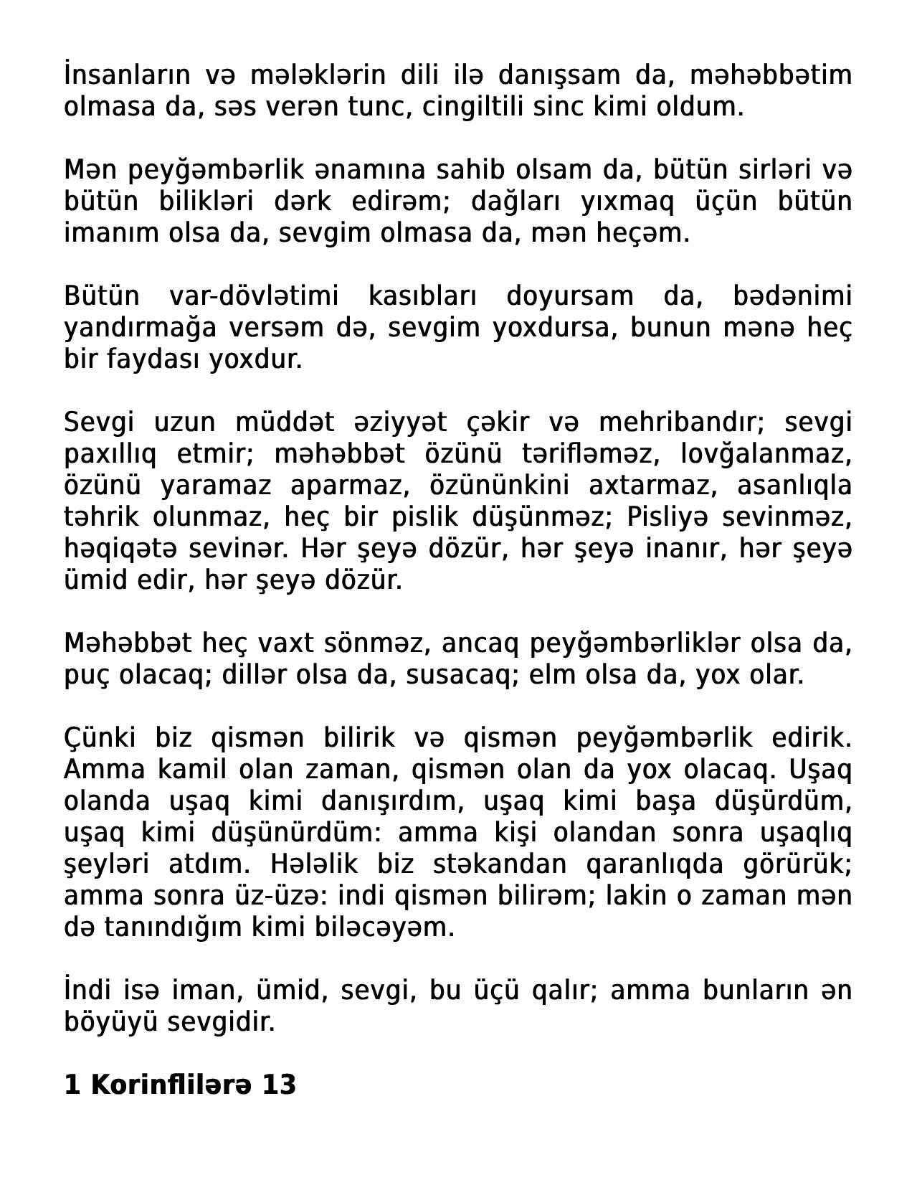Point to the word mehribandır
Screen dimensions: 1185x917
click(x=681, y=422)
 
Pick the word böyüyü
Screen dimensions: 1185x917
click(x=110, y=1022)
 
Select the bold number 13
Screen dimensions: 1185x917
click(x=279, y=1085)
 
